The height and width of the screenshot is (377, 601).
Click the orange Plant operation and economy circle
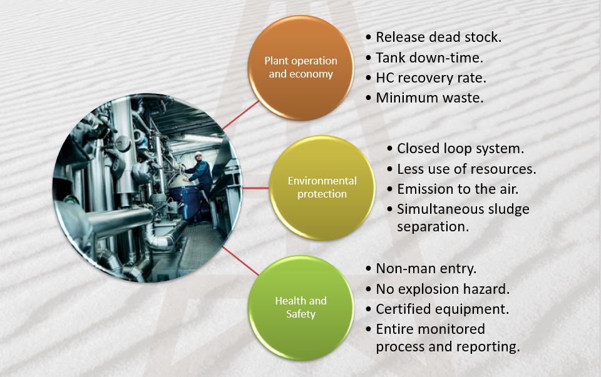pos(301,68)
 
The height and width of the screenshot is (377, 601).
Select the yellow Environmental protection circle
pos(322,188)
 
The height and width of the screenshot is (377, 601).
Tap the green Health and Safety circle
pos(301,308)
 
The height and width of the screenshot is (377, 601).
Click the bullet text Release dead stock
pos(438,37)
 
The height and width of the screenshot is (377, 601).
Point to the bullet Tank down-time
pos(429,58)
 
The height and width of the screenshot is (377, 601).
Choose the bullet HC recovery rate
pos(431,78)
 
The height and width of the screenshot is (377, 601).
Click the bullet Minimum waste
pos(429,98)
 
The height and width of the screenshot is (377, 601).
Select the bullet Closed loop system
pos(460,149)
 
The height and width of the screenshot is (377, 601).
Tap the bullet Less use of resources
pos(466,169)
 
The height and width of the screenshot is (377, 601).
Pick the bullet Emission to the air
pos(458,189)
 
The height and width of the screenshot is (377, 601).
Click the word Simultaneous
pos(439,209)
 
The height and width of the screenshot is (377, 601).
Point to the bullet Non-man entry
pos(426,269)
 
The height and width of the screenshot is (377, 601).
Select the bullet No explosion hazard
pos(443,289)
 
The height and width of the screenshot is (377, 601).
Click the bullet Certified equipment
pos(443,309)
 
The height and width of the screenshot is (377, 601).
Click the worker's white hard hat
pos(198,154)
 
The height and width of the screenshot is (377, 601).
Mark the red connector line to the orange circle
pos(240,115)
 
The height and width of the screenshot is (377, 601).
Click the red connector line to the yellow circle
pos(255,188)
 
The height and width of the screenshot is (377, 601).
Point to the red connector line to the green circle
pos(240,261)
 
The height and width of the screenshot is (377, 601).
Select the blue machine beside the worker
pos(186,201)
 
